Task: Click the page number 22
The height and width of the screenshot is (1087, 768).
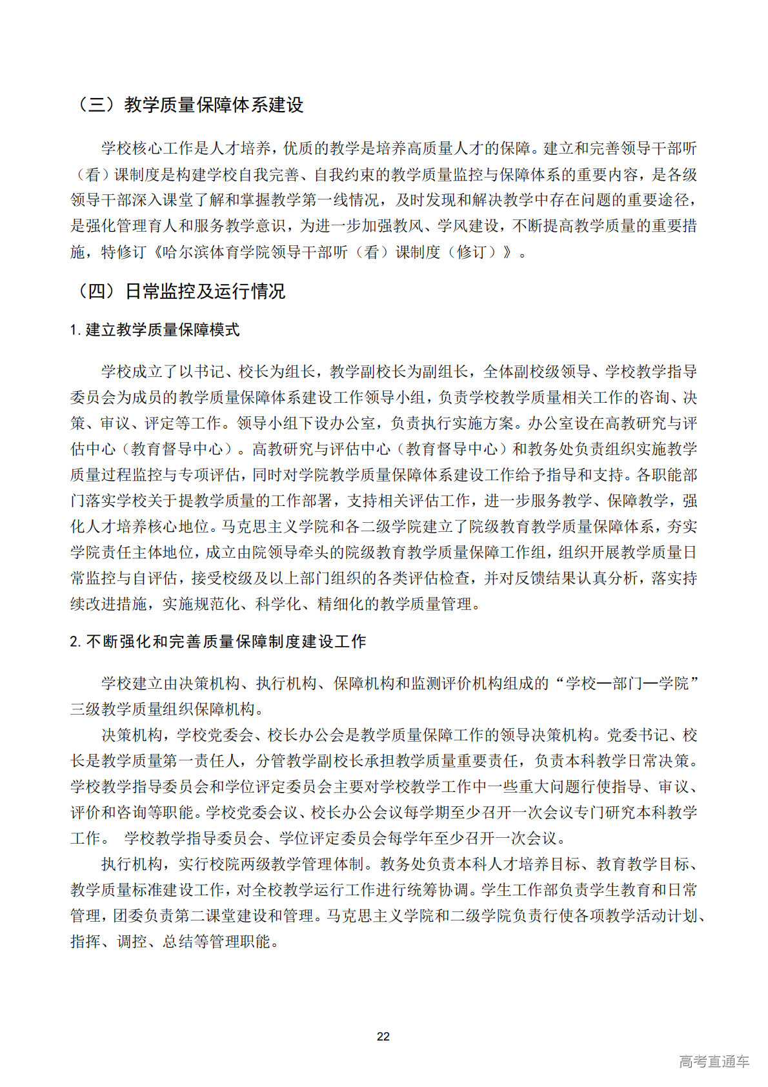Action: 383,1036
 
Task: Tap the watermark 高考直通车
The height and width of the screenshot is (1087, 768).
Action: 713,1061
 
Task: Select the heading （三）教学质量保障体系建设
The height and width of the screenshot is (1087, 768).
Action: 188,105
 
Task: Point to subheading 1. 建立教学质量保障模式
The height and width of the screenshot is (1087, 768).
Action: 155,330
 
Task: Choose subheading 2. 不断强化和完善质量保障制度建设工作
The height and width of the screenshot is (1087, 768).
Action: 218,642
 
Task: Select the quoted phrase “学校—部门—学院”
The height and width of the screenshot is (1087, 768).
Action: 627,684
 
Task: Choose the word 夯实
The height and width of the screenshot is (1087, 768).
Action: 682,527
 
